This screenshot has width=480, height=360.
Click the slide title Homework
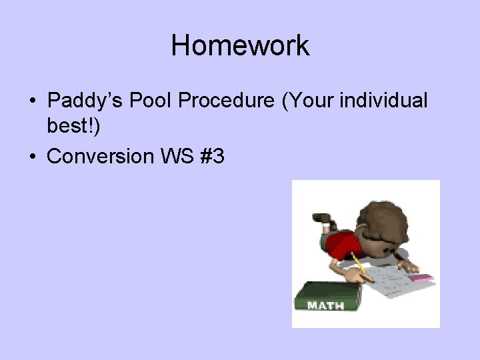click(x=240, y=46)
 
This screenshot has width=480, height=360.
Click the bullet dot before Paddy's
click(x=33, y=102)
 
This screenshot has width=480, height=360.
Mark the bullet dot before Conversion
click(x=33, y=157)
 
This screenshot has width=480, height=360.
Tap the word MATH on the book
click(x=325, y=305)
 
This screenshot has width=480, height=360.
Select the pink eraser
click(x=423, y=277)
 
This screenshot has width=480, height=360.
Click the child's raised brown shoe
click(x=321, y=218)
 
